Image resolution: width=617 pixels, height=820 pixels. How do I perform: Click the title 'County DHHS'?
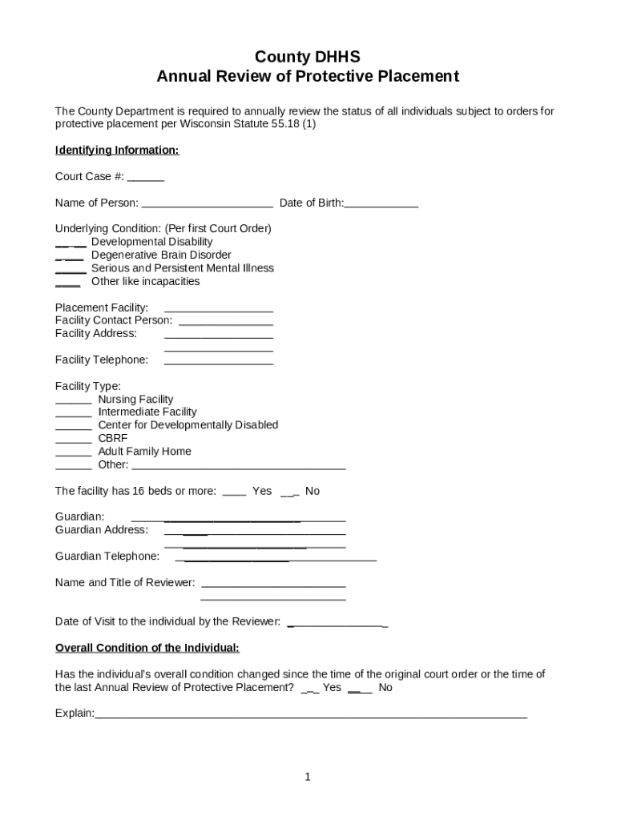(308, 57)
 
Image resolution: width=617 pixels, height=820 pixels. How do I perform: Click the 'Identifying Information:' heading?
(117, 151)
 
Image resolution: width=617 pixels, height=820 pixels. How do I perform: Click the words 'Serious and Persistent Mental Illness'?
(183, 268)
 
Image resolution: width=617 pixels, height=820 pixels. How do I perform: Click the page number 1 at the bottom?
(308, 777)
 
